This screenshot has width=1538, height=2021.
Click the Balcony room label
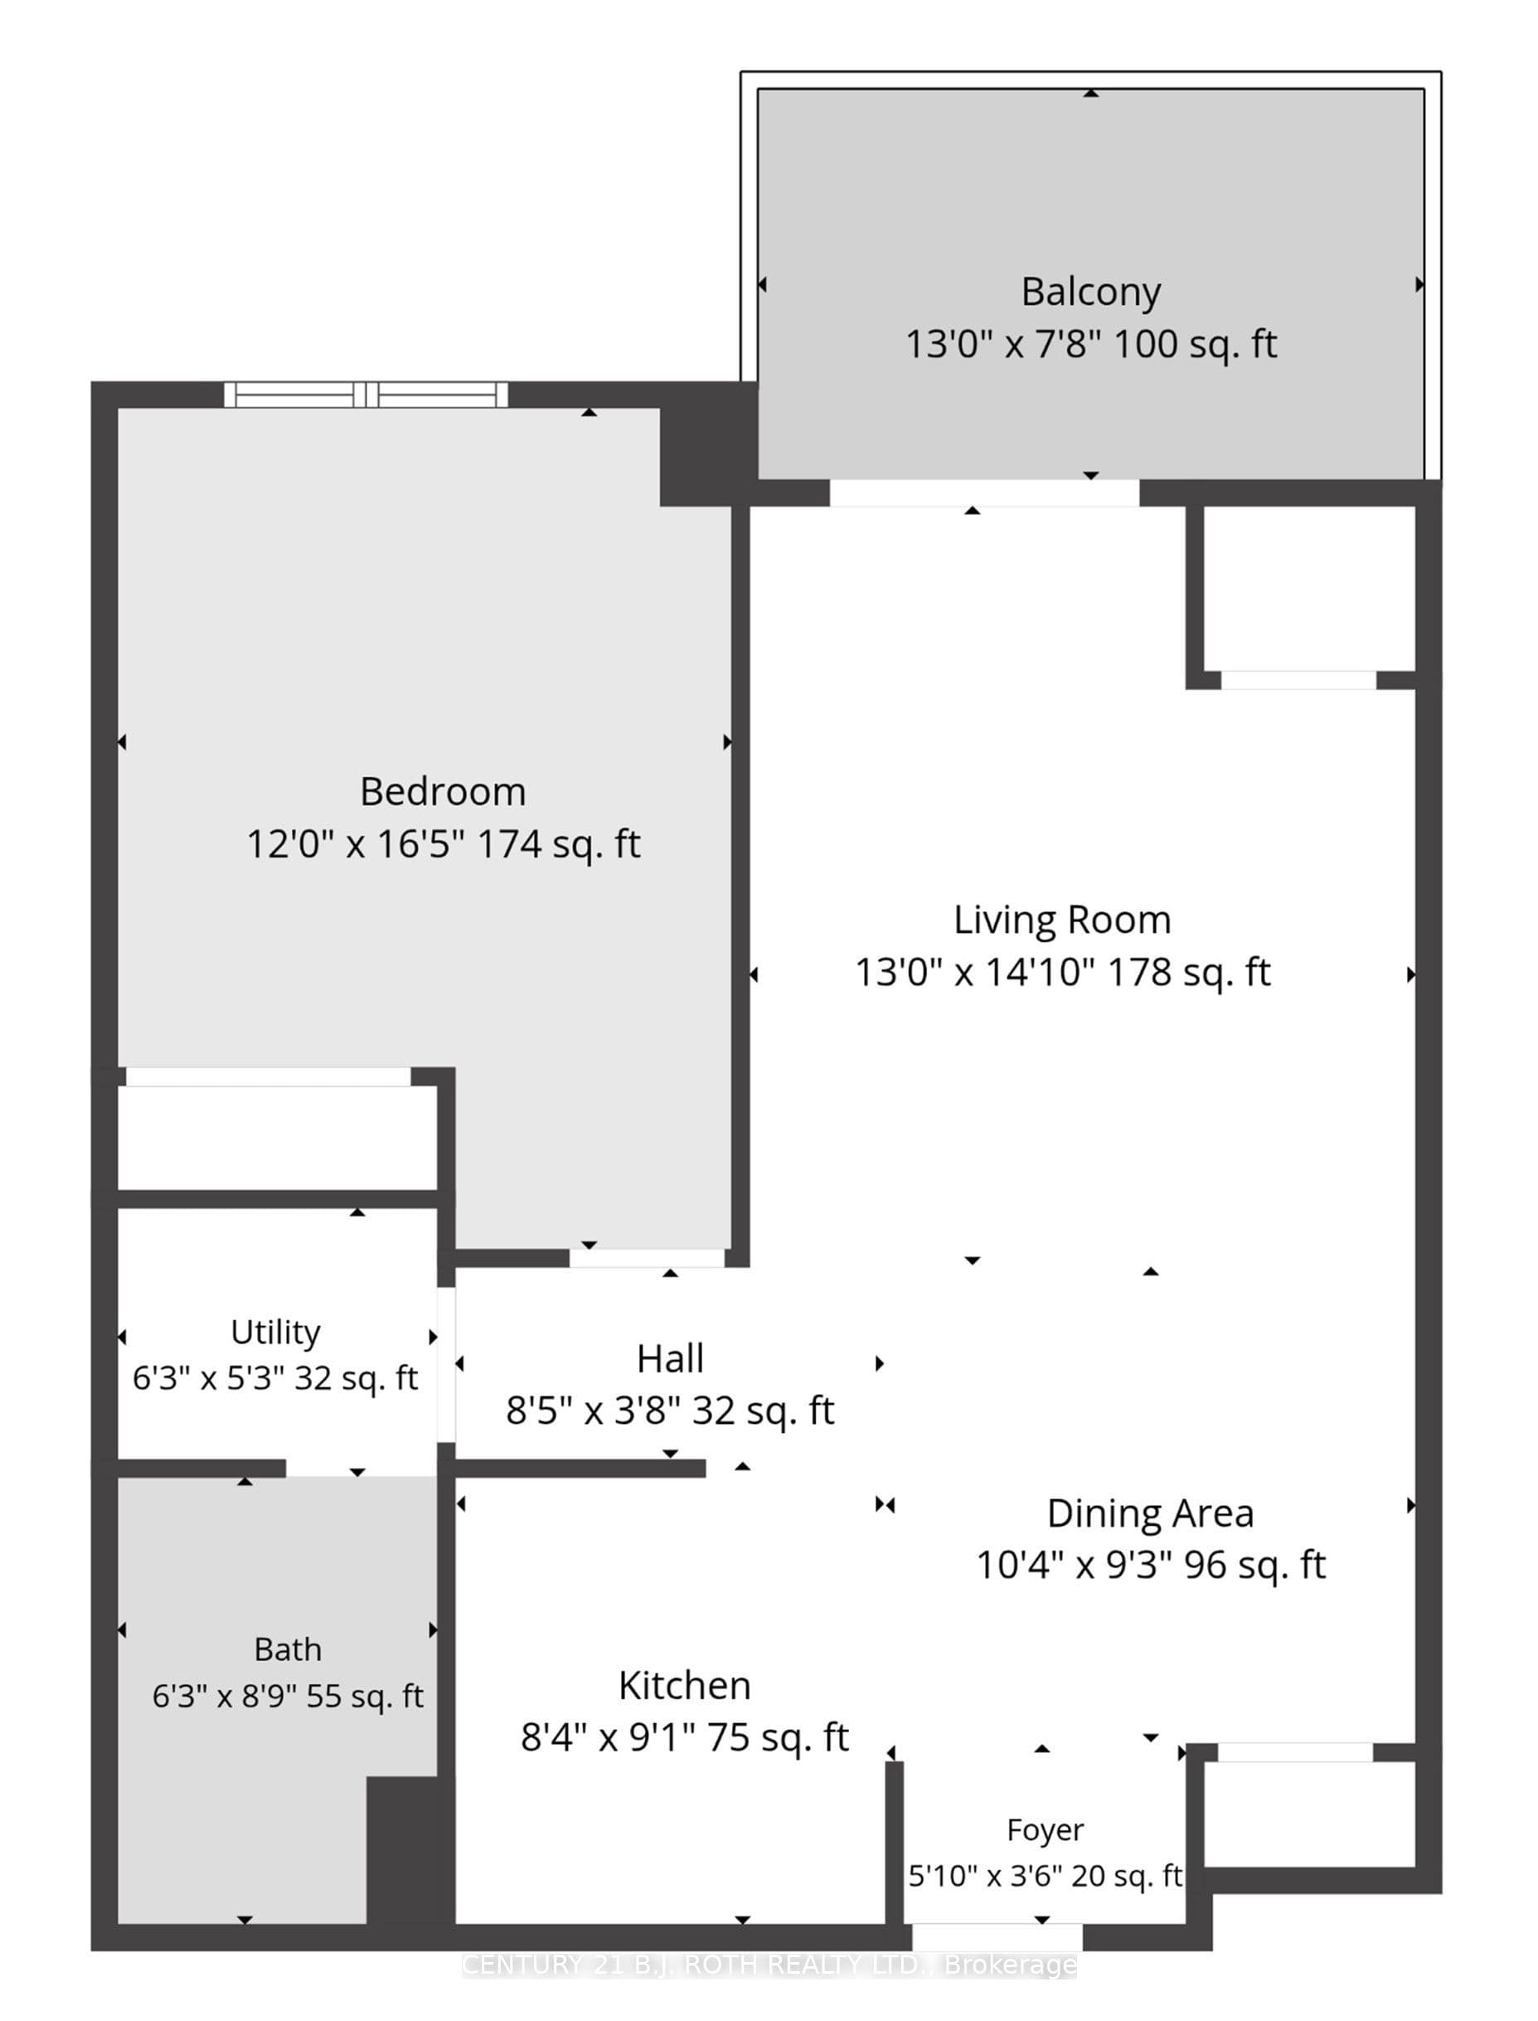1090,293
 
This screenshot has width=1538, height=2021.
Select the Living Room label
1062,921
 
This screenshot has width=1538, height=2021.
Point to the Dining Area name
1150,1513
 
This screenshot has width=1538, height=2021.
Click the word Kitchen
684,1686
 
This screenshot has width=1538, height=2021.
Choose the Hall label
670,1359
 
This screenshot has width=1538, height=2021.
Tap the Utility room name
275,1333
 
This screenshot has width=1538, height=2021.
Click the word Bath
288,1649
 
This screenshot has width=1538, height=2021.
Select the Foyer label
1045,1829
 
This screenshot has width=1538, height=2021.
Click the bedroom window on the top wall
366,395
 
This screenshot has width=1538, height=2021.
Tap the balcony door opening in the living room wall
984,493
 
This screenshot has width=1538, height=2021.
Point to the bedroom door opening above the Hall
648,1258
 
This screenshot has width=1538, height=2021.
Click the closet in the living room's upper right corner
1309,589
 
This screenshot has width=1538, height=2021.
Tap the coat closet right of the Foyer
1309,1814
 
